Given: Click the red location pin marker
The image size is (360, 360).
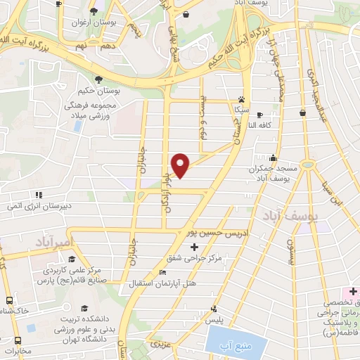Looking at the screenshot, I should pos(181,164).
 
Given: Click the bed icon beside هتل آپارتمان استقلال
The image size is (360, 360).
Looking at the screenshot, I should pos(163,273).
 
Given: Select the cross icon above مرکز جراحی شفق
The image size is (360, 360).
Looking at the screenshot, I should pos(195,247).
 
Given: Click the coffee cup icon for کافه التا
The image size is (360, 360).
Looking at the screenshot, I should pos(259,115).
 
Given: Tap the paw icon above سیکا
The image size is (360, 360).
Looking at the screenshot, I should pos(242,99).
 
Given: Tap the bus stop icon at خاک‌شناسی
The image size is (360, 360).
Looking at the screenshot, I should pos(8,299).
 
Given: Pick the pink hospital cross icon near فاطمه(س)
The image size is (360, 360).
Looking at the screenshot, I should pos(353,291).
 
